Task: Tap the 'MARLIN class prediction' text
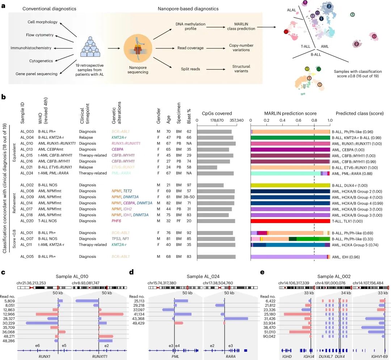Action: [241, 26]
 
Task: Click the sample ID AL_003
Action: [27, 132]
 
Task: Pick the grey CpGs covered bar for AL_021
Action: [207, 167]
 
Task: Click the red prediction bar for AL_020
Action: [290, 221]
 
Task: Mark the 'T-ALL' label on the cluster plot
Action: [306, 46]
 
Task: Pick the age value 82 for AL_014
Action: [169, 203]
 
